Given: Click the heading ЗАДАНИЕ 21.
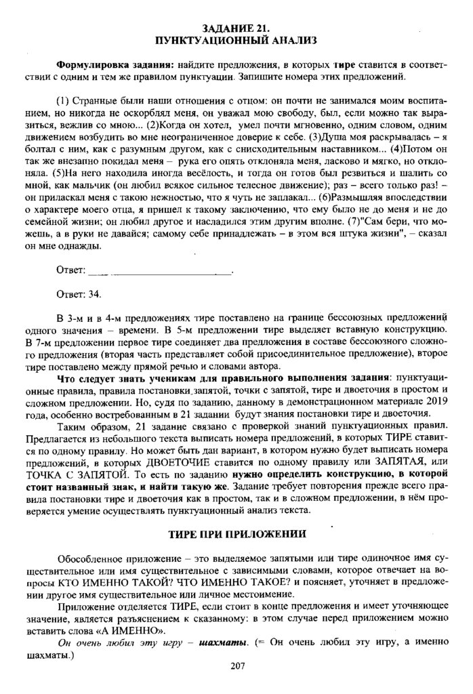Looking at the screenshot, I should [236, 28].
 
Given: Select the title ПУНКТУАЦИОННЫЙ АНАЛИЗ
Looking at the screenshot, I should [236, 41].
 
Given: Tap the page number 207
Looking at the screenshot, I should [236, 667].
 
